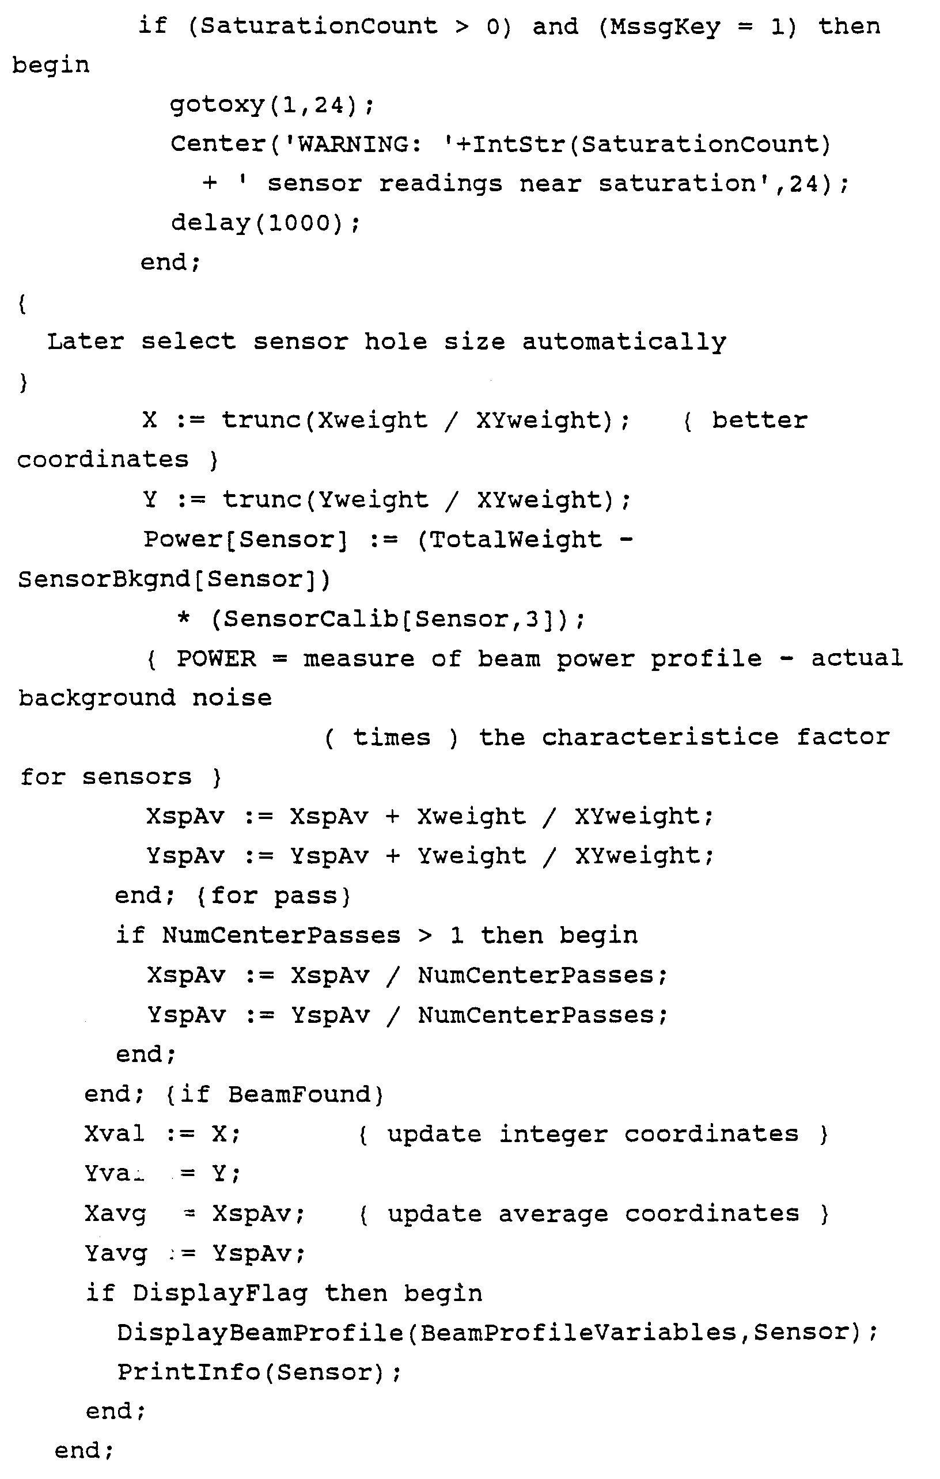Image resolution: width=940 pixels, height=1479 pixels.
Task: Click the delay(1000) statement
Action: coord(264,223)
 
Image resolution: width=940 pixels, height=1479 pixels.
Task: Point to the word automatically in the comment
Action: coord(624,342)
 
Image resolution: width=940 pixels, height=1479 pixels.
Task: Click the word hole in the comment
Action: coord(395,342)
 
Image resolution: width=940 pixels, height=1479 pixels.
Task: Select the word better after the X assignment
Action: coord(759,421)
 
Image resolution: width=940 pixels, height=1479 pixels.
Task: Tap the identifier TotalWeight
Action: coord(516,540)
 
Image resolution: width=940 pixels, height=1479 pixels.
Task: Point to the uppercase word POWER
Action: coord(216,659)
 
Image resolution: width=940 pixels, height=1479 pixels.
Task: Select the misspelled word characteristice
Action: coord(660,738)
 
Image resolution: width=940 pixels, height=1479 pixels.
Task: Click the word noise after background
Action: coord(232,699)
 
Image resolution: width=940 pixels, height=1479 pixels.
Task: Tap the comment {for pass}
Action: coord(274,897)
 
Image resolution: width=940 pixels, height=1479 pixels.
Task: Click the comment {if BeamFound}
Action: coord(275,1095)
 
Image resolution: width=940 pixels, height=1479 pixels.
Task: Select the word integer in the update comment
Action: coord(553,1135)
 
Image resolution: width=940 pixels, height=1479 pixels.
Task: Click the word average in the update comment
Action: coord(553,1213)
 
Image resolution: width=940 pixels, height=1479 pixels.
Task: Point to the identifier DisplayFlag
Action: coord(220,1293)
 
